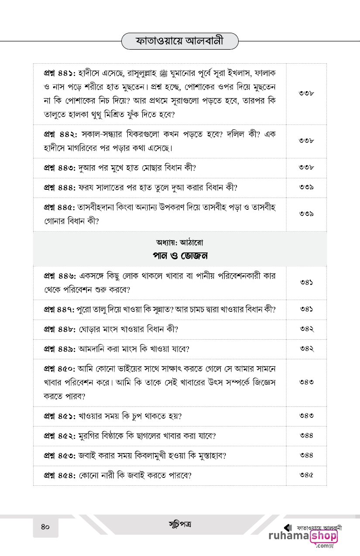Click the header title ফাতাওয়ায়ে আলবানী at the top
(180, 41)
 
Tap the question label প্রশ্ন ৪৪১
(60, 72)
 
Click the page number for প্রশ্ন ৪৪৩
(307, 167)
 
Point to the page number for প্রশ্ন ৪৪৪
(307, 188)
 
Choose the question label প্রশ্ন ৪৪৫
(60, 206)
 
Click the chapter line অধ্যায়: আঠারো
(180, 242)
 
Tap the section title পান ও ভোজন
(180, 255)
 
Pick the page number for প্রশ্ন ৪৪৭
(307, 309)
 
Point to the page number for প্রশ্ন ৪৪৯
(307, 349)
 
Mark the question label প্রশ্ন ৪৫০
(60, 368)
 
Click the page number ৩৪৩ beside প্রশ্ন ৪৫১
(307, 416)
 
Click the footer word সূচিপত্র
(180, 524)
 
